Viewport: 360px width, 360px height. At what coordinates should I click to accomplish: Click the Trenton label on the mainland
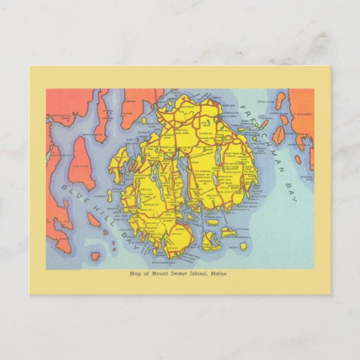(130, 101)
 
